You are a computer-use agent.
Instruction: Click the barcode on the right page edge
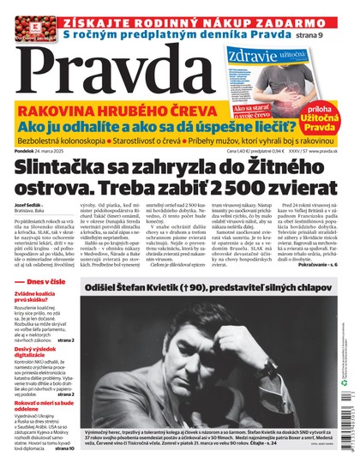352,420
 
